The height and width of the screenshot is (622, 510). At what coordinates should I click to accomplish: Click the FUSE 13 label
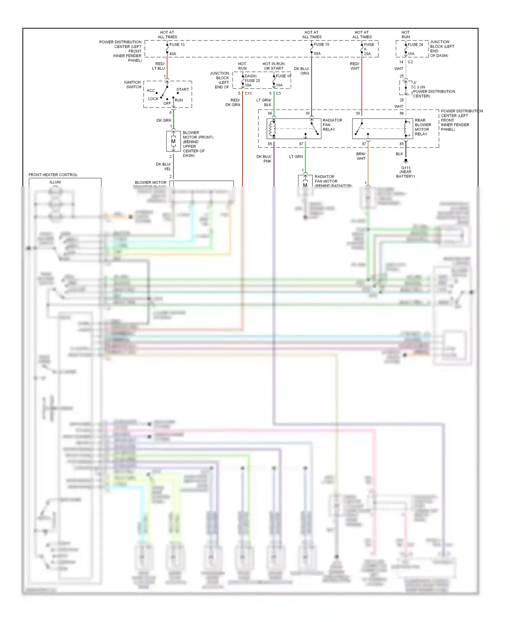[x=177, y=45]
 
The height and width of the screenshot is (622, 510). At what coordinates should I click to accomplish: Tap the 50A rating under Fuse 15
[x=317, y=53]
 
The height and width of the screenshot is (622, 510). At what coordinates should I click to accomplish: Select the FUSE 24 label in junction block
[x=415, y=45]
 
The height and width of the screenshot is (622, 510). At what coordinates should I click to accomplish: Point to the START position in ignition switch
[x=183, y=89]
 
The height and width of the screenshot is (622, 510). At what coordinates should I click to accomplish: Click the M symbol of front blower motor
[x=173, y=141]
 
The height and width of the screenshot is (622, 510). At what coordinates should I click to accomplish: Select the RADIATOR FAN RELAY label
[x=332, y=125]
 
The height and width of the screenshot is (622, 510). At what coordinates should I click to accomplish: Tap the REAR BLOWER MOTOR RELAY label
[x=423, y=127]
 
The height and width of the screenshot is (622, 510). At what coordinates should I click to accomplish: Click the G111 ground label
[x=406, y=168]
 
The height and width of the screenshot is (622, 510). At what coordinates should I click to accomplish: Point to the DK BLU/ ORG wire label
[x=302, y=71]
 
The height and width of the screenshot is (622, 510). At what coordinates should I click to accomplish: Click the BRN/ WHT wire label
[x=361, y=156]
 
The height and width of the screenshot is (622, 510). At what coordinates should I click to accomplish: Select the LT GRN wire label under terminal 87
[x=296, y=157]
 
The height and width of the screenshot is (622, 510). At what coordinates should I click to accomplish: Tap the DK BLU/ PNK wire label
[x=264, y=159]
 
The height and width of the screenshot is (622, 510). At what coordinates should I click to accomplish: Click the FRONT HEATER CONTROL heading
[x=53, y=175]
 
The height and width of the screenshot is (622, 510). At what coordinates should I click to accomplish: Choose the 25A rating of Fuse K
[x=367, y=54]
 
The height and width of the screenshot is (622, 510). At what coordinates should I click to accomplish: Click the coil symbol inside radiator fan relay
[x=271, y=129]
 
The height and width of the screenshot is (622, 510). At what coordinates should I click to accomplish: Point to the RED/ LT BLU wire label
[x=160, y=66]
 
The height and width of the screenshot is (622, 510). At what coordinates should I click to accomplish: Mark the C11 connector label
[x=248, y=93]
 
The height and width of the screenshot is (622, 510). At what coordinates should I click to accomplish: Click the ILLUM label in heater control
[x=55, y=182]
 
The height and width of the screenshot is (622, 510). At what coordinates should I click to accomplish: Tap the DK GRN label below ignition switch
[x=164, y=120]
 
